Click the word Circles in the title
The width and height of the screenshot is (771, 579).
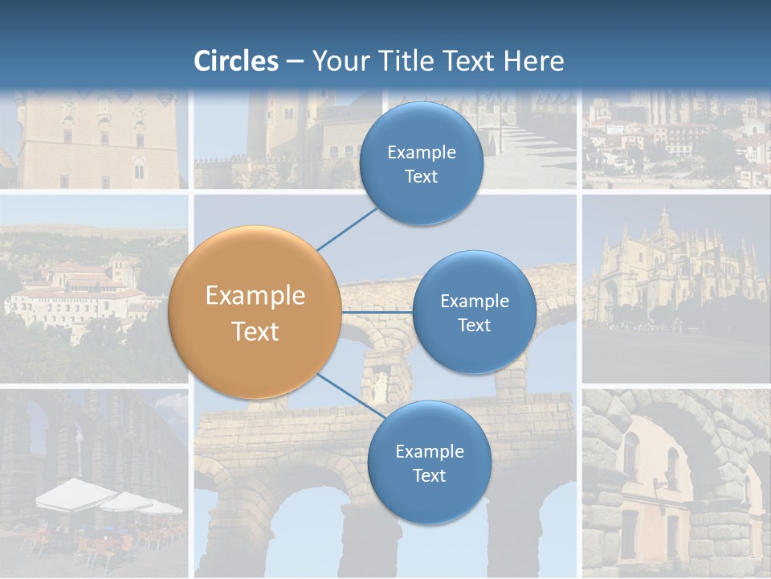point(236,61)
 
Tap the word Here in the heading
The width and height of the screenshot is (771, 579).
point(533,61)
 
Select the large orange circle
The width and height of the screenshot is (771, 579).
point(255,312)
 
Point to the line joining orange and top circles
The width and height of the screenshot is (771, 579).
point(347,228)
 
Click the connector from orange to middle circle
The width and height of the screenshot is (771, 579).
point(377,312)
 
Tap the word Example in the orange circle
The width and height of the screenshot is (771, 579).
point(255,296)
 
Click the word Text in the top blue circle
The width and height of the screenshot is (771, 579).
point(421,177)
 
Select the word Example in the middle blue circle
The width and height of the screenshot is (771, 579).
point(475,302)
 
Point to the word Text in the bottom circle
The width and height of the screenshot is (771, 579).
point(429,476)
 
